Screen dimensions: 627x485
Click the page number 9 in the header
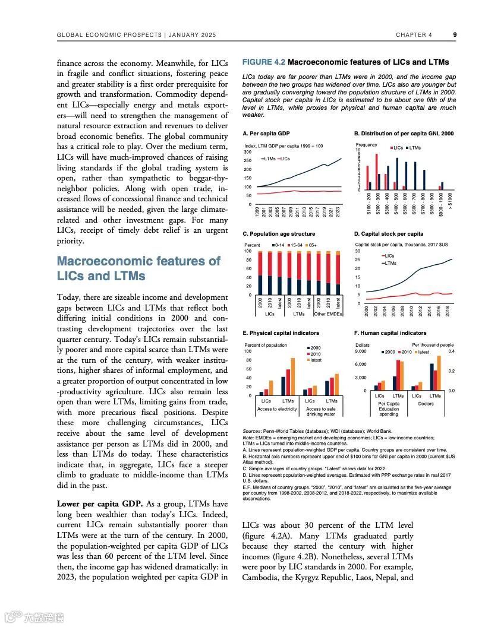point(455,35)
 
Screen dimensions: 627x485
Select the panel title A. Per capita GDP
point(266,134)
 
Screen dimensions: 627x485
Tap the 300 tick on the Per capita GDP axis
point(248,152)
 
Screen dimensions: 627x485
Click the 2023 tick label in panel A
point(338,213)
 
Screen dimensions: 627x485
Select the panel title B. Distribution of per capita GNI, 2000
point(404,134)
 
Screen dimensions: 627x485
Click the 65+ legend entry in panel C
point(310,245)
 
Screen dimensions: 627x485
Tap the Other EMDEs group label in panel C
point(327,313)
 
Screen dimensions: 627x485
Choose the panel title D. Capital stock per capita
point(389,234)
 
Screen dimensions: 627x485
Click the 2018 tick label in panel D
point(448,311)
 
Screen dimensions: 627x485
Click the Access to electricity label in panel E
point(276,409)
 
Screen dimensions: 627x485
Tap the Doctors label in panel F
point(426,404)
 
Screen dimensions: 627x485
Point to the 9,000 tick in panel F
point(363,351)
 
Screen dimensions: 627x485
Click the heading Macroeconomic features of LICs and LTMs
point(138,268)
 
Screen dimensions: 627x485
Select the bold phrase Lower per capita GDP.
point(99,504)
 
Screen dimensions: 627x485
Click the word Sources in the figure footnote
point(252,430)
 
